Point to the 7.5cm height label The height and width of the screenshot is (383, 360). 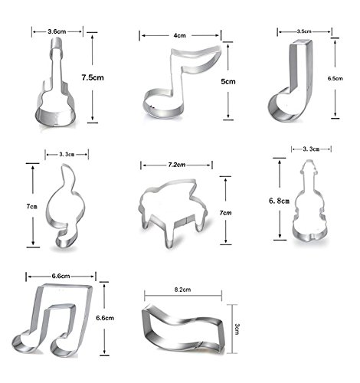[93, 77]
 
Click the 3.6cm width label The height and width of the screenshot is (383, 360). [57, 31]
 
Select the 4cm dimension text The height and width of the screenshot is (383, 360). [180, 35]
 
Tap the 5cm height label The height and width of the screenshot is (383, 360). [228, 81]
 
